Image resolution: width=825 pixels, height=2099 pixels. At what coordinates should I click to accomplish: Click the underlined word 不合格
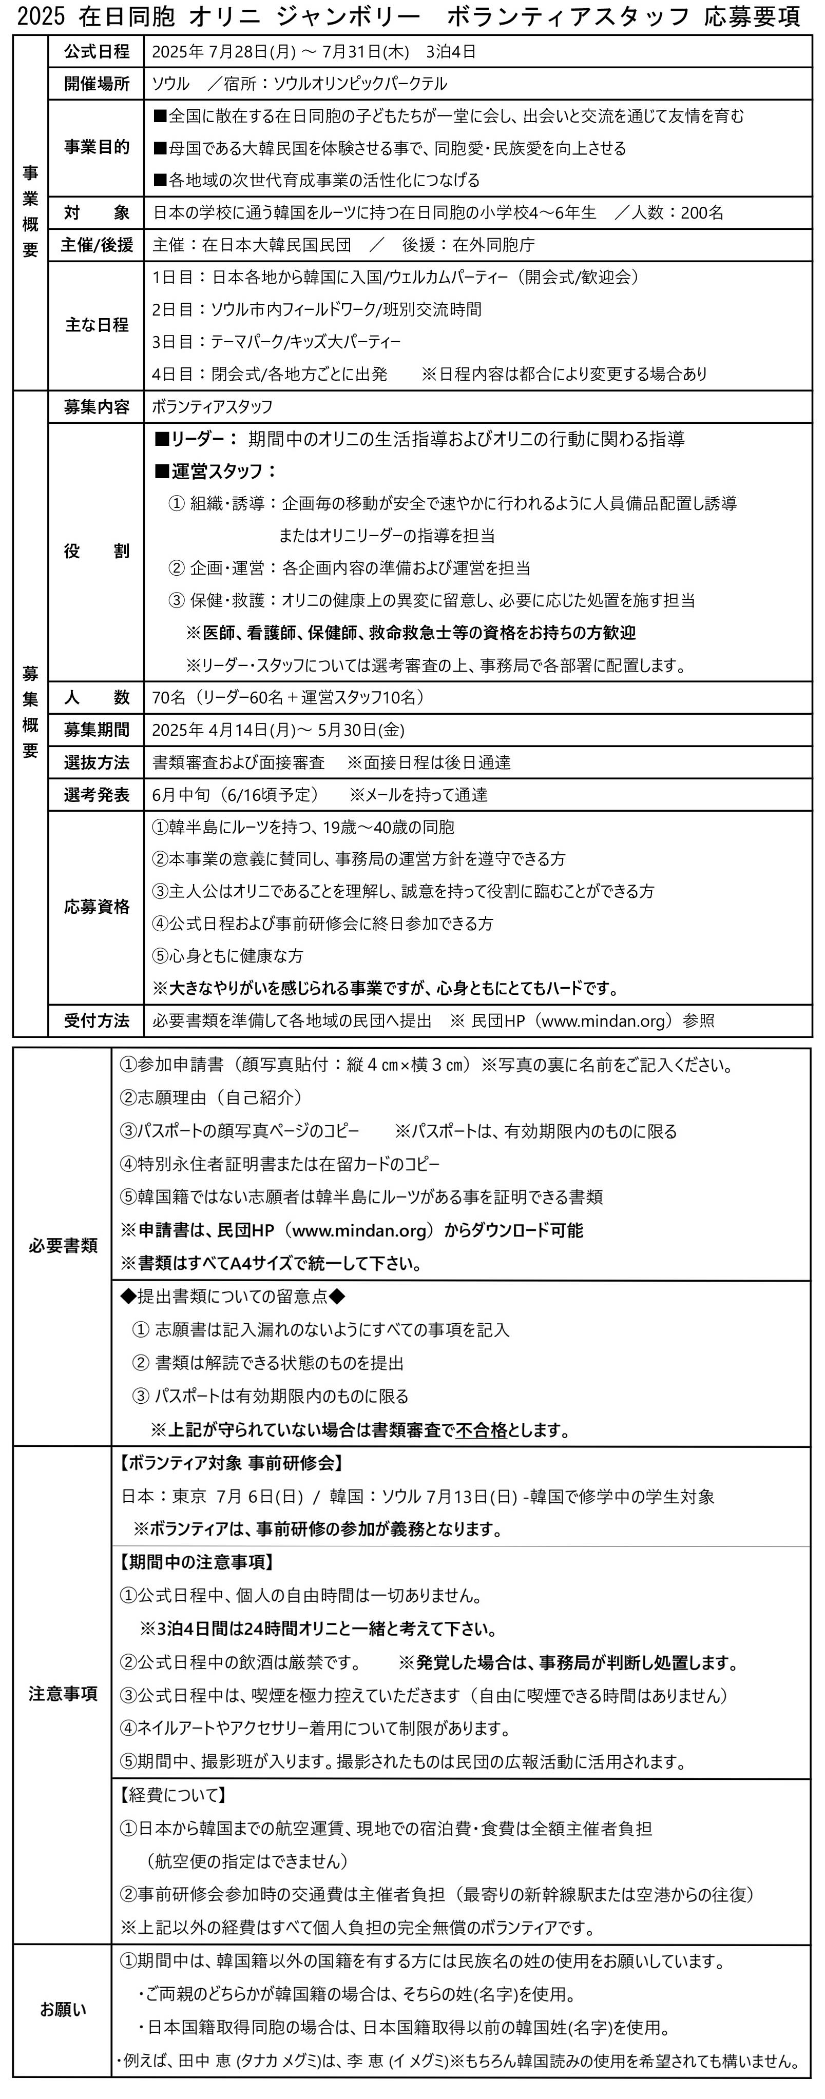pyautogui.click(x=481, y=1430)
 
